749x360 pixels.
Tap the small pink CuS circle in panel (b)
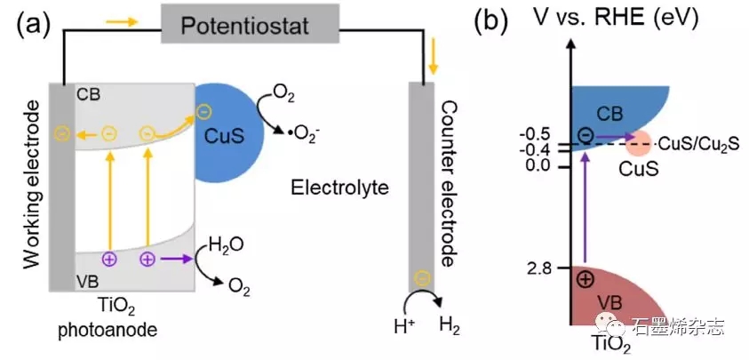click(636, 142)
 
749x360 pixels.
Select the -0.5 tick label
click(539, 134)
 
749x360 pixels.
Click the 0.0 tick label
click(541, 166)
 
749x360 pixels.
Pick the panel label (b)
click(490, 24)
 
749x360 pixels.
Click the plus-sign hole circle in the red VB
click(586, 277)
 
